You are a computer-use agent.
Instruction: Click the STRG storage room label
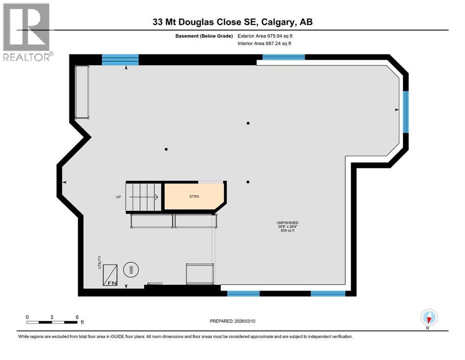pyautogui.click(x=194, y=196)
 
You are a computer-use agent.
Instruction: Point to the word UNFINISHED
pyautogui.click(x=288, y=223)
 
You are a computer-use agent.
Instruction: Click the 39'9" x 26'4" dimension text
pyautogui.click(x=288, y=227)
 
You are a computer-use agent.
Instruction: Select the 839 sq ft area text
pyautogui.click(x=288, y=231)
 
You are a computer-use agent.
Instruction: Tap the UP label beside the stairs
pyautogui.click(x=118, y=197)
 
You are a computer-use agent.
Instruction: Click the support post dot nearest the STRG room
pyautogui.click(x=248, y=182)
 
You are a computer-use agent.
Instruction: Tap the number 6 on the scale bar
pyautogui.click(x=77, y=317)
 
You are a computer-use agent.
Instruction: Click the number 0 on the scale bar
pyautogui.click(x=27, y=317)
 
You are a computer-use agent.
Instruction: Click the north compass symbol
pyautogui.click(x=428, y=317)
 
